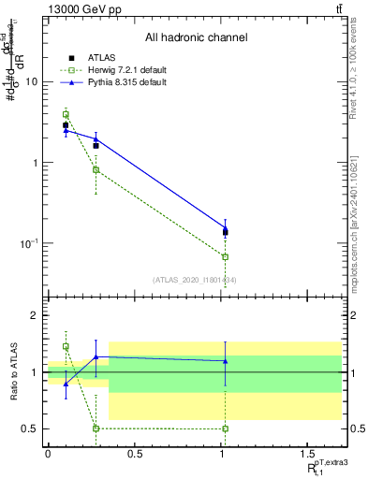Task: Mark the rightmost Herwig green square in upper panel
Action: point(225,256)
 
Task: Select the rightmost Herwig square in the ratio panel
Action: point(225,428)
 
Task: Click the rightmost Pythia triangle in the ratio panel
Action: point(225,360)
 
